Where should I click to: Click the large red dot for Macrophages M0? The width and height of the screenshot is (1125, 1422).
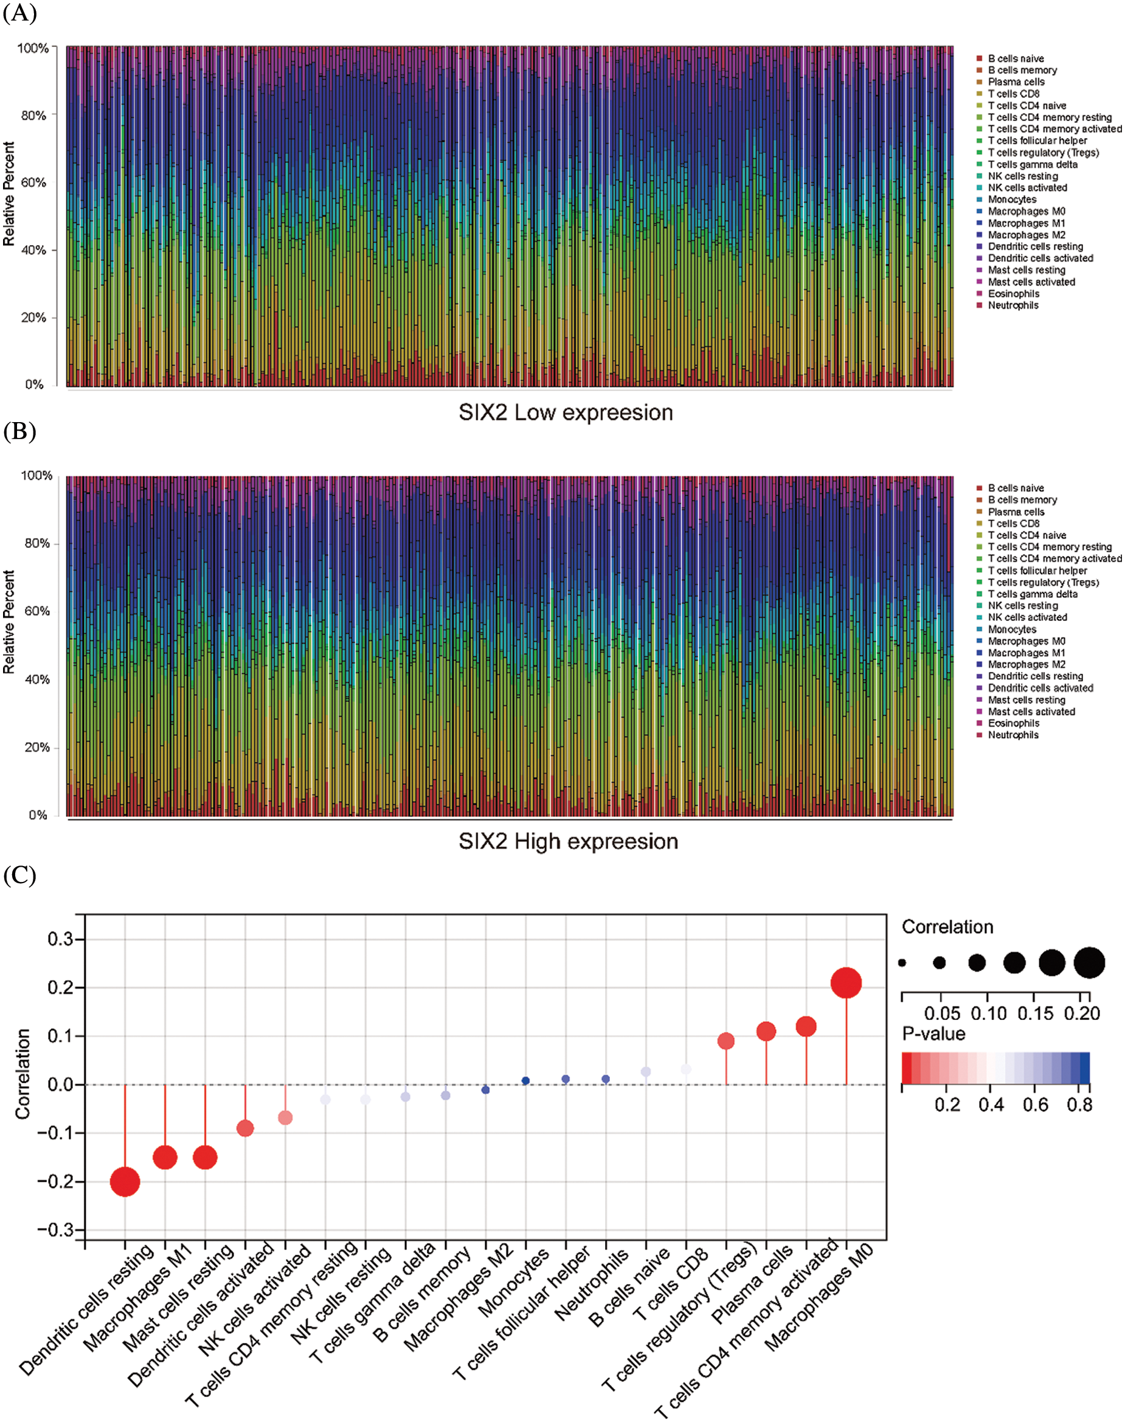coord(846,983)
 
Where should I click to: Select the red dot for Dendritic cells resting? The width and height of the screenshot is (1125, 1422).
coord(125,1182)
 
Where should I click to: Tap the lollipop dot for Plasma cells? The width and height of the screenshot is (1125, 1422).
coord(766,1032)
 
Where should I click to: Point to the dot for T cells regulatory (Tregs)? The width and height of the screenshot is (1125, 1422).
coord(726,1041)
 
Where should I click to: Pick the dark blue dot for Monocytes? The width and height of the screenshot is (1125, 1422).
coord(525,1081)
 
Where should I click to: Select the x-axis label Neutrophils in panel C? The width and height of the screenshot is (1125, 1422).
coord(592,1285)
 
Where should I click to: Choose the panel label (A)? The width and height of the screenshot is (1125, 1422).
coord(19,13)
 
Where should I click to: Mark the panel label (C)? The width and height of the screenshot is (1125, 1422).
coord(19,875)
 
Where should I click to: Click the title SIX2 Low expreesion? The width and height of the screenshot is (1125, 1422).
coord(566,413)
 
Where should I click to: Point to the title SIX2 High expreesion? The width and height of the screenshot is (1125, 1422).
coord(569,842)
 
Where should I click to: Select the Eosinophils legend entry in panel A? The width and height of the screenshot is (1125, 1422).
coord(1013,294)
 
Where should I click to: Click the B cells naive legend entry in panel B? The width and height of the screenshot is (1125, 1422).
coord(1016,488)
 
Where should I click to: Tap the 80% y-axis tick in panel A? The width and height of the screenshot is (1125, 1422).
coord(33,116)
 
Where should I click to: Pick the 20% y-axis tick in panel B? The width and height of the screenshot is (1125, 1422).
coord(37,747)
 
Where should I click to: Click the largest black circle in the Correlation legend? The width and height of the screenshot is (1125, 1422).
coord(1090,963)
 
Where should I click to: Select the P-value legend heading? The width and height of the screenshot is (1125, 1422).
coord(933,1033)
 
